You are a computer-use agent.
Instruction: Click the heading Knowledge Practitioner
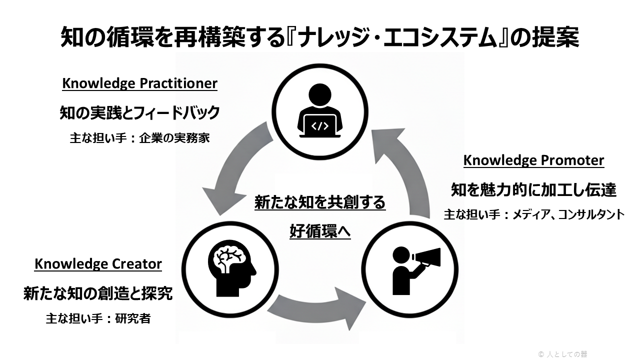pos(139,83)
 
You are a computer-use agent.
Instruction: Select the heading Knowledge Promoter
pos(533,160)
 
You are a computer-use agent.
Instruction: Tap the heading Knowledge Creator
pos(98,264)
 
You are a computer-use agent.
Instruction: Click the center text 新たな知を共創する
pos(320,202)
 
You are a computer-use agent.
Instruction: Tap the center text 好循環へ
pos(320,231)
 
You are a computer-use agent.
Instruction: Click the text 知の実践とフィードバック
pos(139,113)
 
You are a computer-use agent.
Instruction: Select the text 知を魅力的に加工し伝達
pos(533,190)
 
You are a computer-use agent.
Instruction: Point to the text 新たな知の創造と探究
pos(98,293)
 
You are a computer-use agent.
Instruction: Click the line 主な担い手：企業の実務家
pos(139,138)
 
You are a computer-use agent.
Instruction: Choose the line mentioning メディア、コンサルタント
pos(534,214)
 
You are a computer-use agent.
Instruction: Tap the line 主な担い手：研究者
pos(98,318)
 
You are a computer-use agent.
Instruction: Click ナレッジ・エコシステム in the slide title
pos(398,37)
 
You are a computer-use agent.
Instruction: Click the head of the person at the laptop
pos(320,95)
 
